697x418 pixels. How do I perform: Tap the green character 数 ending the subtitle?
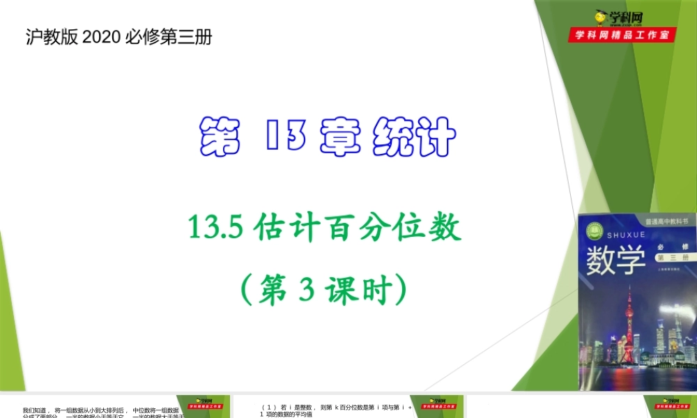tap(444, 228)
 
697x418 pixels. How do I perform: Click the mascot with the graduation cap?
tap(599, 19)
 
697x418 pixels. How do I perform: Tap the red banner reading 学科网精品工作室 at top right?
tap(622, 34)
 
